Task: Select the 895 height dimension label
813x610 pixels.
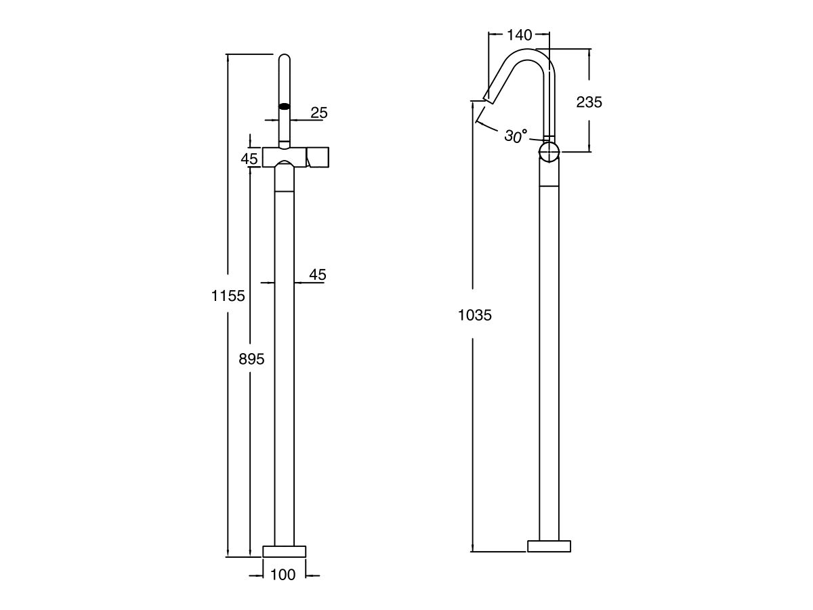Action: [251, 359]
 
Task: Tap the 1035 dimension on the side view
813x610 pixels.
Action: [474, 315]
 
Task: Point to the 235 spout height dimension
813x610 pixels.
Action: [589, 102]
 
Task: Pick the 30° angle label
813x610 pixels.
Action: [516, 136]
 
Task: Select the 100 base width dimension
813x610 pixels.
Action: [283, 575]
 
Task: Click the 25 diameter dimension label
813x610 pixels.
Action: [318, 113]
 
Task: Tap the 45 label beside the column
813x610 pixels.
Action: [318, 274]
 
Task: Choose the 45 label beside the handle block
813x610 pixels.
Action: [250, 158]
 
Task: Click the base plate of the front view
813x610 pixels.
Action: [285, 550]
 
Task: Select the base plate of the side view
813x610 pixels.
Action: [549, 546]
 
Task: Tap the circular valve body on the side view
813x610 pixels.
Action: [549, 151]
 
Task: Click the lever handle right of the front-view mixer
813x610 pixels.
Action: [318, 157]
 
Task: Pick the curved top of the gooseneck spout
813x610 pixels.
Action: [532, 55]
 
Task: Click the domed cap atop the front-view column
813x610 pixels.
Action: [285, 169]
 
